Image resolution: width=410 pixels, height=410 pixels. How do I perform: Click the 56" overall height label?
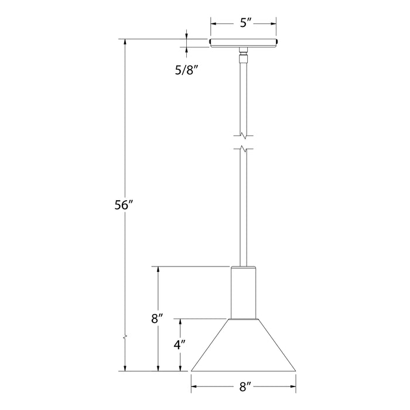coord(124,206)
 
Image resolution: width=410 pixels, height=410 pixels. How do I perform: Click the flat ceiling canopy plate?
coord(244,42)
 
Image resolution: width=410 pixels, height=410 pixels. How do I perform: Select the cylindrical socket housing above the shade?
coord(244,292)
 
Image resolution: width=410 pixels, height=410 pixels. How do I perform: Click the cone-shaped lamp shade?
coord(244,346)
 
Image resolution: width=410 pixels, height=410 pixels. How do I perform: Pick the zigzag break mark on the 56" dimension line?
coord(124,339)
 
